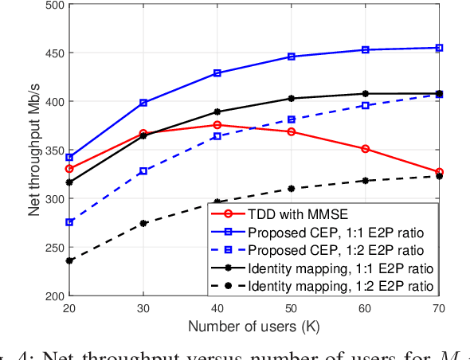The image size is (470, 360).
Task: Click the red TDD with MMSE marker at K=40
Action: click(x=217, y=125)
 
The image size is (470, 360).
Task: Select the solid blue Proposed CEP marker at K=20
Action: click(x=69, y=158)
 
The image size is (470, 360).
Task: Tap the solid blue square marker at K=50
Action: click(x=292, y=57)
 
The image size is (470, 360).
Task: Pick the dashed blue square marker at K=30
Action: click(x=143, y=171)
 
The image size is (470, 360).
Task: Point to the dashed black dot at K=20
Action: click(x=69, y=260)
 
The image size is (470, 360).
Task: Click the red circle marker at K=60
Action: click(x=366, y=149)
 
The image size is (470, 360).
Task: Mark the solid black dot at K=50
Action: click(x=292, y=99)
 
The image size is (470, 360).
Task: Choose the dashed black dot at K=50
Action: click(x=292, y=189)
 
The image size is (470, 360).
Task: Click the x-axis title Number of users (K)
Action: click(x=254, y=327)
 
